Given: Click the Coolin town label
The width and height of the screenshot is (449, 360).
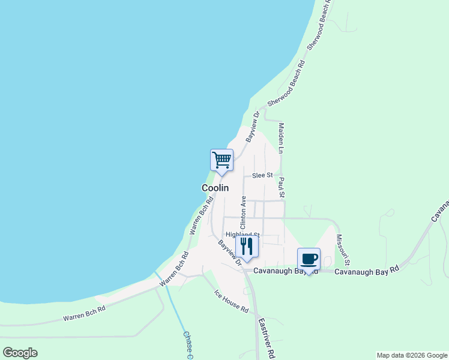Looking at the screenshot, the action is click(x=215, y=188).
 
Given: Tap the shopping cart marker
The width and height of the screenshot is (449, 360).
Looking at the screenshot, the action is click(x=221, y=161).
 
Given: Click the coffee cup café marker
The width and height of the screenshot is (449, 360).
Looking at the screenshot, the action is click(x=309, y=260).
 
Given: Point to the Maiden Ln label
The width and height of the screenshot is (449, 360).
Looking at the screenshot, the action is click(x=281, y=137).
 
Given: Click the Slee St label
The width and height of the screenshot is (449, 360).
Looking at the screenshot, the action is click(x=262, y=175).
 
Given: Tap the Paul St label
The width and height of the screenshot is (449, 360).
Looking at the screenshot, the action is click(x=281, y=187).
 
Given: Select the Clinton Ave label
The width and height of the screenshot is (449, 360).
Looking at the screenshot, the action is click(x=243, y=212).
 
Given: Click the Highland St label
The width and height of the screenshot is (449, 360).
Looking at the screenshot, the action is click(x=243, y=235).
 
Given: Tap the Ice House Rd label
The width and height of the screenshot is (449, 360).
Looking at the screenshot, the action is click(x=232, y=301).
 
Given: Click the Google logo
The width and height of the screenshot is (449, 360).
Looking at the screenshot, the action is click(x=20, y=353).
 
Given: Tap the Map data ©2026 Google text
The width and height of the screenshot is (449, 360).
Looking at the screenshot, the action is click(x=412, y=355).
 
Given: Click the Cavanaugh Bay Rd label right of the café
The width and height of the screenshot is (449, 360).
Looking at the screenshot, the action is click(x=367, y=271).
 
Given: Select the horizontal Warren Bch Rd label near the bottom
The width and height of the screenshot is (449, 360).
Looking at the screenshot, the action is click(x=85, y=313).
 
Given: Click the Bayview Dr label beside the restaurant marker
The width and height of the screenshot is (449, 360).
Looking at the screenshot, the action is click(x=230, y=253).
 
